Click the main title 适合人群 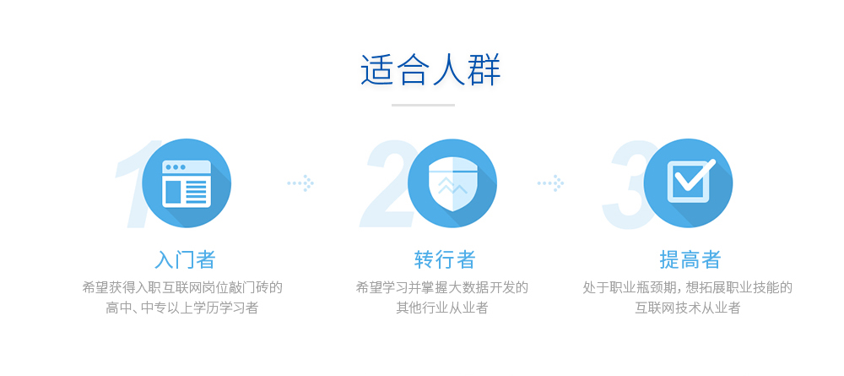coord(430,70)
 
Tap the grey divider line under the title coord(423,105)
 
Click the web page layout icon coord(187,183)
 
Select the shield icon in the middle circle coord(452,183)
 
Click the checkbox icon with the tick coord(690,181)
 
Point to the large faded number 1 coord(134,183)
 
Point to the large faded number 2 coord(385,183)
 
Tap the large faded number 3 coord(625,184)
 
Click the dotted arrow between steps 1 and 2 coord(301,183)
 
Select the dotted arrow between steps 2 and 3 coord(550,183)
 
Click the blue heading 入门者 coord(185,259)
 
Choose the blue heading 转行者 coord(445,259)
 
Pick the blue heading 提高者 coord(690,259)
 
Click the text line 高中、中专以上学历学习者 coord(182,308)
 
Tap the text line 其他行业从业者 coord(442,308)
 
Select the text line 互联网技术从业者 coord(687,308)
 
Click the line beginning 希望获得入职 coord(182,287)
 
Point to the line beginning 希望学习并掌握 coord(442,287)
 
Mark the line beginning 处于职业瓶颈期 coord(687,287)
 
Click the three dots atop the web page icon coord(176,167)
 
